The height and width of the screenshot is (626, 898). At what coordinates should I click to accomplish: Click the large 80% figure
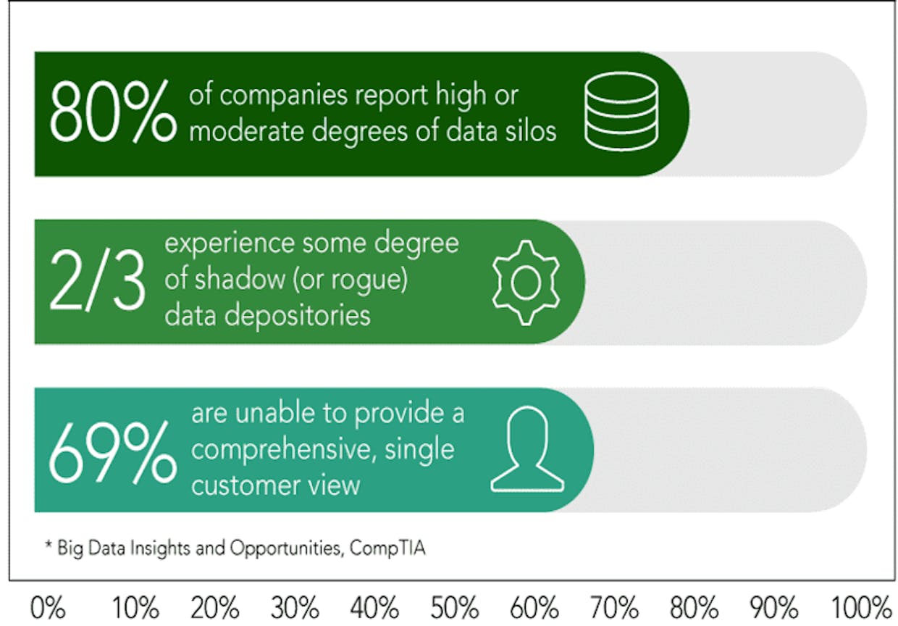pos(113,111)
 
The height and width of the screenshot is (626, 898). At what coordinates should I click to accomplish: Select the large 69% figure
pos(113,453)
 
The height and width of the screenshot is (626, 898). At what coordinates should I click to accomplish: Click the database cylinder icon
pos(621,111)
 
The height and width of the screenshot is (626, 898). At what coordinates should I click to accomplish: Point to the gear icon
pos(526,283)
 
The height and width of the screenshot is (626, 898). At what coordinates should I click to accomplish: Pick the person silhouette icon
pos(527,449)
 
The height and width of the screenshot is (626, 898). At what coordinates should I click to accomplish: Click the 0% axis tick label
pos(47,608)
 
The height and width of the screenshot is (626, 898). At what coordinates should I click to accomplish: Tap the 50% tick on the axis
pos(455,608)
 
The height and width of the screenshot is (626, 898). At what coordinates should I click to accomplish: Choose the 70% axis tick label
pos(614,608)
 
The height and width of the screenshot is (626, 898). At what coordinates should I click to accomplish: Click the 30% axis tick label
pos(295,608)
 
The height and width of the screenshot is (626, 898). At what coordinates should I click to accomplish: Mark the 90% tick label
pos(774,608)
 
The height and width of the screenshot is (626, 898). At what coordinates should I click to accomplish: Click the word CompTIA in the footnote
pos(387,548)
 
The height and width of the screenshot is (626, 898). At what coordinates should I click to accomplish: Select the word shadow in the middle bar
pos(240,279)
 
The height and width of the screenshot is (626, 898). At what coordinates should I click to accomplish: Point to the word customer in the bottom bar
pos(246,485)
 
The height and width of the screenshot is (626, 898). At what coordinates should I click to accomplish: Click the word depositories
pos(297,317)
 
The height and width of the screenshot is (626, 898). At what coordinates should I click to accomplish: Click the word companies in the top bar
pos(283,96)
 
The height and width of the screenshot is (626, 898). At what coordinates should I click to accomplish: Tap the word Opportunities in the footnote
pos(287,548)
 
